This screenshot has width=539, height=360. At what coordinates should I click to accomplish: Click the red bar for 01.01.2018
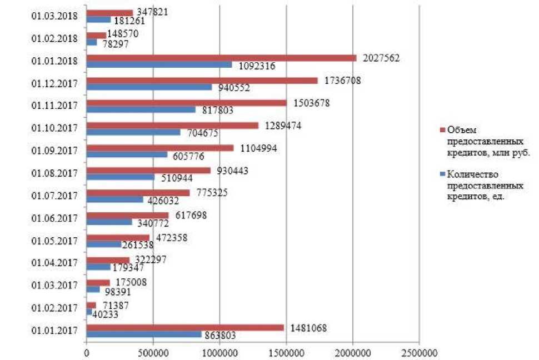click(x=221, y=58)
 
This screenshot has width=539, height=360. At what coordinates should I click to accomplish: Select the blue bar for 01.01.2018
click(x=159, y=64)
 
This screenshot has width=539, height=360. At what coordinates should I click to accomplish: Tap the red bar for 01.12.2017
click(x=202, y=81)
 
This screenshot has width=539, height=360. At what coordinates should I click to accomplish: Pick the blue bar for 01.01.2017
click(x=144, y=334)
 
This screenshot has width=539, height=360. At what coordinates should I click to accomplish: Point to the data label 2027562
click(x=381, y=57)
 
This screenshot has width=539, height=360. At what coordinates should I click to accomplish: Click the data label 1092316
click(x=257, y=66)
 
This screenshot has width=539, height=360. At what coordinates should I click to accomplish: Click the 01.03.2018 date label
click(x=54, y=16)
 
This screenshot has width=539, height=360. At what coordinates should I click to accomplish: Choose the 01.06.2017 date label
click(x=54, y=218)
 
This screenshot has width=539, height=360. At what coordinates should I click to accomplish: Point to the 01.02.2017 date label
click(x=54, y=308)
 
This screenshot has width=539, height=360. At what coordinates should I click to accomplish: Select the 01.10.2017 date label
click(x=54, y=128)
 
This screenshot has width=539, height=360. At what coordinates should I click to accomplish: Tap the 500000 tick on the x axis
click(x=153, y=352)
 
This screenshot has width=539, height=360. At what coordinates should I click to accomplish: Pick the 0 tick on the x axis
click(x=87, y=352)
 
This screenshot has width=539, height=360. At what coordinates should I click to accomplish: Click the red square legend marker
click(x=442, y=129)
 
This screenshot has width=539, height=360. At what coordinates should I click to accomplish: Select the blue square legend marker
click(x=442, y=174)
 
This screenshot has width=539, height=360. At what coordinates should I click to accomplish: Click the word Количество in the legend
click(x=471, y=174)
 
